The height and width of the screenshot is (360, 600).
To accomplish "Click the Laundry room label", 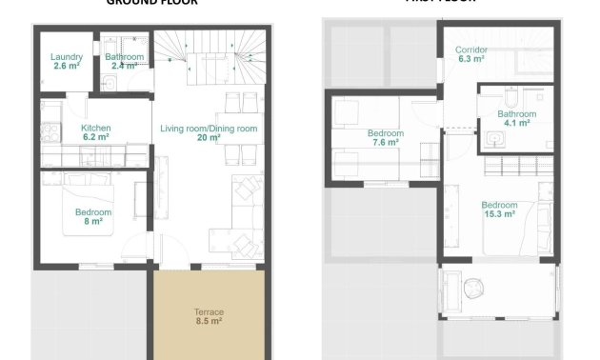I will click(65, 57).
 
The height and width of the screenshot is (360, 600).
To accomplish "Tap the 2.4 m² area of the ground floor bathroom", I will click(124, 66).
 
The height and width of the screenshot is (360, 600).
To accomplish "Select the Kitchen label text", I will click(95, 128).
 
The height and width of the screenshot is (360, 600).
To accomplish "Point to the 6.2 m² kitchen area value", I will click(95, 137).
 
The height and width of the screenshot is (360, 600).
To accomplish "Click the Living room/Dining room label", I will click(209, 128).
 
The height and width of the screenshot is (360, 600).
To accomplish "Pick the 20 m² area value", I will click(209, 137).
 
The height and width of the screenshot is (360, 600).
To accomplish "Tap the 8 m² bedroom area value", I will click(94, 221).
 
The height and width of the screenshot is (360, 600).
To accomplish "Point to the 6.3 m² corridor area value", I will click(470, 59).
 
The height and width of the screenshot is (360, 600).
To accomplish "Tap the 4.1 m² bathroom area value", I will click(517, 123).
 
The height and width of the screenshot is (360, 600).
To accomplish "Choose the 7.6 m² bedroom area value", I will click(386, 144).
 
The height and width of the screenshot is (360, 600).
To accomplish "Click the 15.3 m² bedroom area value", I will click(499, 214).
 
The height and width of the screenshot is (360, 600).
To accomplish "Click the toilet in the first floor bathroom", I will click(510, 98).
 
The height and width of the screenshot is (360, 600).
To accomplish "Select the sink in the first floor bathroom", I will click(494, 140).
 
